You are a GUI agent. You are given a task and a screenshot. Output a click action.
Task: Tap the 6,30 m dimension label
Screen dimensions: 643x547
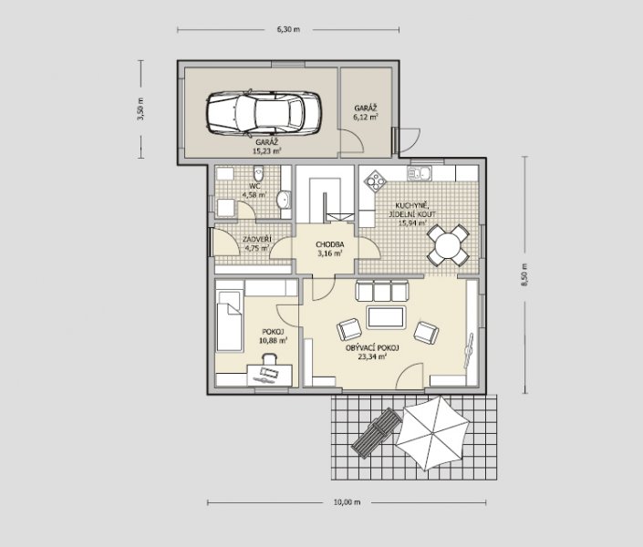coord(288,29)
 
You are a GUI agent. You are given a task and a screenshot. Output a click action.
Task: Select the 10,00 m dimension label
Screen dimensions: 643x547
coord(347,502)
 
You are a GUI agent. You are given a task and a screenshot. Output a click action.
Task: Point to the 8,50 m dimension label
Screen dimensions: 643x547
coord(525,274)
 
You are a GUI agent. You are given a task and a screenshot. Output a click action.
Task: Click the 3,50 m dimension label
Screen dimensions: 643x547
coord(140,108)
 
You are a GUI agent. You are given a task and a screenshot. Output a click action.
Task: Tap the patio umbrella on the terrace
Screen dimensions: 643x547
coord(432,433)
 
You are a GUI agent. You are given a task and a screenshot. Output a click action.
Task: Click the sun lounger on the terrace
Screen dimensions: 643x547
coord(376,433)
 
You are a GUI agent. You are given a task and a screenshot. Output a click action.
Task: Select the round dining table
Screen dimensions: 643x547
coord(448,246)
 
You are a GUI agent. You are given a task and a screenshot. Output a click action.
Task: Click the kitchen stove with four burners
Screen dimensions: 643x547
coord(376,181)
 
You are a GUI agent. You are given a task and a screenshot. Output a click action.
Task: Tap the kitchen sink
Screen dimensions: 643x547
coord(419,173)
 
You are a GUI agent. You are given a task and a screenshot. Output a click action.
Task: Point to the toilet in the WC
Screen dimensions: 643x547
coord(258,173)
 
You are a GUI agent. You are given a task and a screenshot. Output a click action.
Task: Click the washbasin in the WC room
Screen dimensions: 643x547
coord(284,200)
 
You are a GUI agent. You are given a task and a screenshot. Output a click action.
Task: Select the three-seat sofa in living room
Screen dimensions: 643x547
coord(382,291)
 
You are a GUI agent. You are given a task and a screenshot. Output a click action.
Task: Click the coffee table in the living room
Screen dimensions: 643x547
coord(386,317)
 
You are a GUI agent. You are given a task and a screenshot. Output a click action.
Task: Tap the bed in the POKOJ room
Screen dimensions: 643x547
coord(228,321)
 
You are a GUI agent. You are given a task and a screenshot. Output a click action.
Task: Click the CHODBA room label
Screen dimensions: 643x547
coord(329,245)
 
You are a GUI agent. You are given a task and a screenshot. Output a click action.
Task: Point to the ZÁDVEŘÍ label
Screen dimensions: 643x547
coord(256,240)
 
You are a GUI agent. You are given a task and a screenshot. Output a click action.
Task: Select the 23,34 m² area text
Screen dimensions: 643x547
coord(372,356)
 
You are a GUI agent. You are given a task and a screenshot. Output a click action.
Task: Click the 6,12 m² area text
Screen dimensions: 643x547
coord(366,117)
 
